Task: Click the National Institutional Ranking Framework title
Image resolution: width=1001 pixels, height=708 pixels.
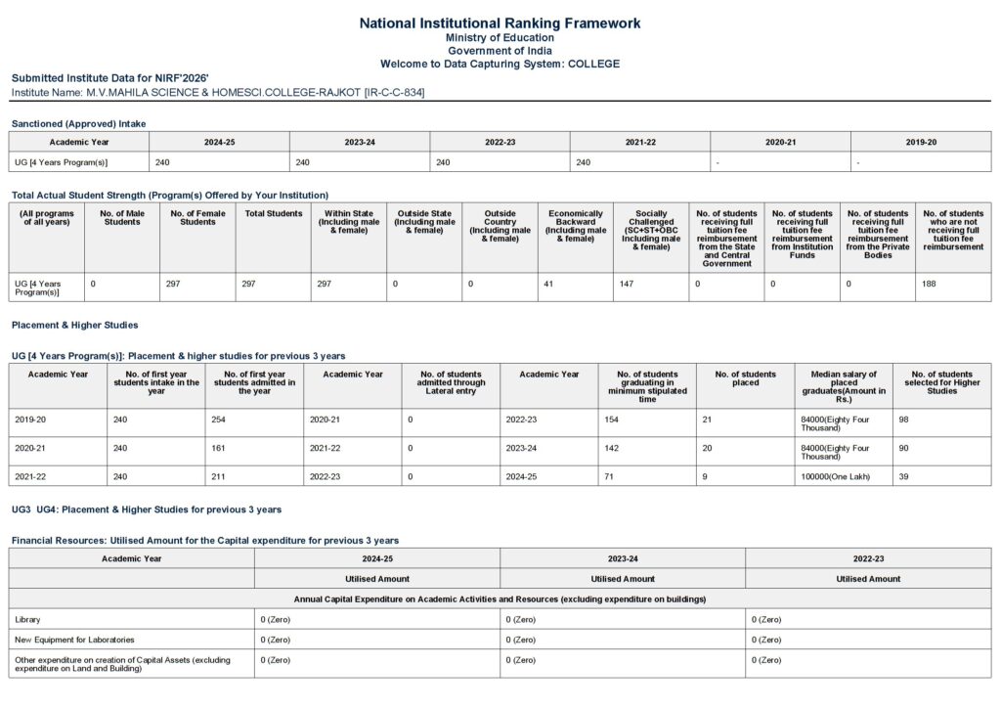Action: (x=500, y=22)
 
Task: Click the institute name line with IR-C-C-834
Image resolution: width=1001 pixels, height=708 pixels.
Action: (x=218, y=92)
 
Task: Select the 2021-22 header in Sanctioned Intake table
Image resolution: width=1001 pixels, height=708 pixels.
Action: (x=640, y=142)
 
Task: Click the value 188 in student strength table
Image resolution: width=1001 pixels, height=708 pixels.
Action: (x=930, y=284)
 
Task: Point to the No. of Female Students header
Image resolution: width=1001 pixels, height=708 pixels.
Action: (x=197, y=217)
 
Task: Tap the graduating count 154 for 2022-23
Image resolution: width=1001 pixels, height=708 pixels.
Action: (x=612, y=419)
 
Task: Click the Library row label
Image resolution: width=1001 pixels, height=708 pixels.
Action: (x=27, y=619)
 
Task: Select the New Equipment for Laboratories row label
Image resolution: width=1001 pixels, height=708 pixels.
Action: (x=74, y=640)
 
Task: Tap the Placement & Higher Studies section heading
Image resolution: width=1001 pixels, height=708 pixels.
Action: (x=74, y=325)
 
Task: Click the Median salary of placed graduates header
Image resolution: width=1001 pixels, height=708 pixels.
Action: (x=844, y=386)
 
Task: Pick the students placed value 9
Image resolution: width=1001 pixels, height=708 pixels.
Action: (x=705, y=476)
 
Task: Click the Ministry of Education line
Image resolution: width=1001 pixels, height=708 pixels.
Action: (x=500, y=38)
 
